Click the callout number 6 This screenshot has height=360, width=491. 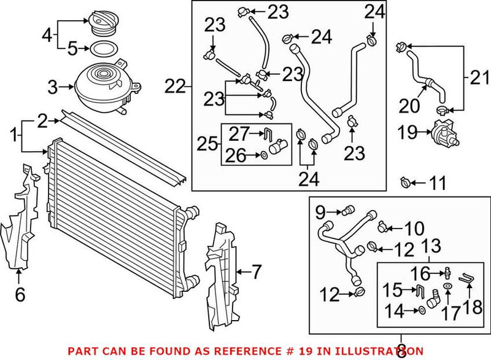point(20,295)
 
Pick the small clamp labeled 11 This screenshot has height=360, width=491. point(405,182)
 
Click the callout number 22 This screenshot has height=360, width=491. point(175,87)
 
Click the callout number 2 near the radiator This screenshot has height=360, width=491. point(41,121)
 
